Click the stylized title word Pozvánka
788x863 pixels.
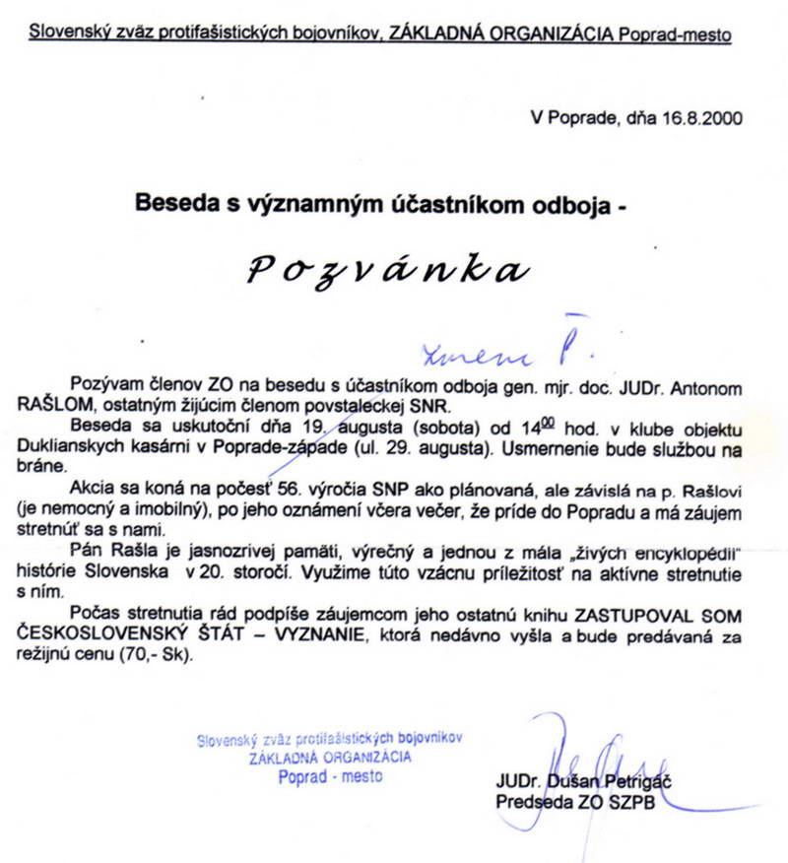[384, 268]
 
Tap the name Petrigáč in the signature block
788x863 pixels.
[624, 783]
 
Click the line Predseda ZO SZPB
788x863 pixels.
[577, 802]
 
